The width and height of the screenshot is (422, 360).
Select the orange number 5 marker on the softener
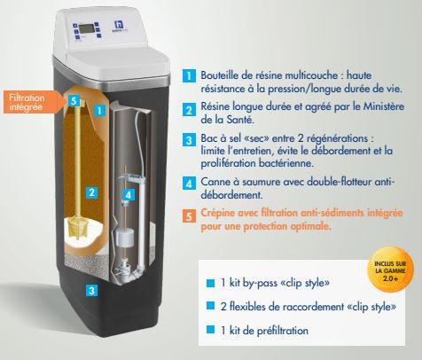tap(74, 101)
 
